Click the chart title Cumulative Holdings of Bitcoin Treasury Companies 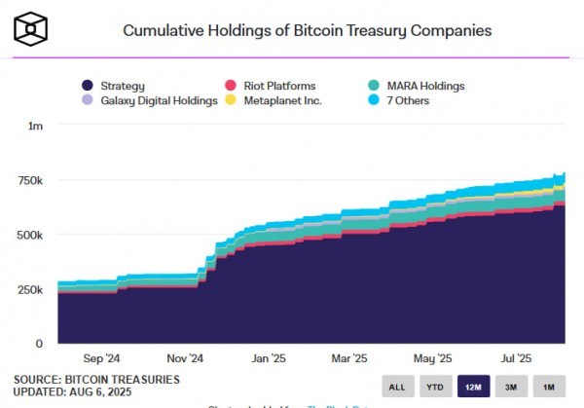(x=307, y=30)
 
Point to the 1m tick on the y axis (x=36, y=127)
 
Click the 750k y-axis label (x=31, y=181)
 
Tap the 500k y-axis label (x=31, y=236)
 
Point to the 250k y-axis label (x=31, y=290)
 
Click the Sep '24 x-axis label (x=102, y=358)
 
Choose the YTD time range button (x=435, y=387)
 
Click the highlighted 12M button (x=474, y=387)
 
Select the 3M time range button (x=512, y=387)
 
